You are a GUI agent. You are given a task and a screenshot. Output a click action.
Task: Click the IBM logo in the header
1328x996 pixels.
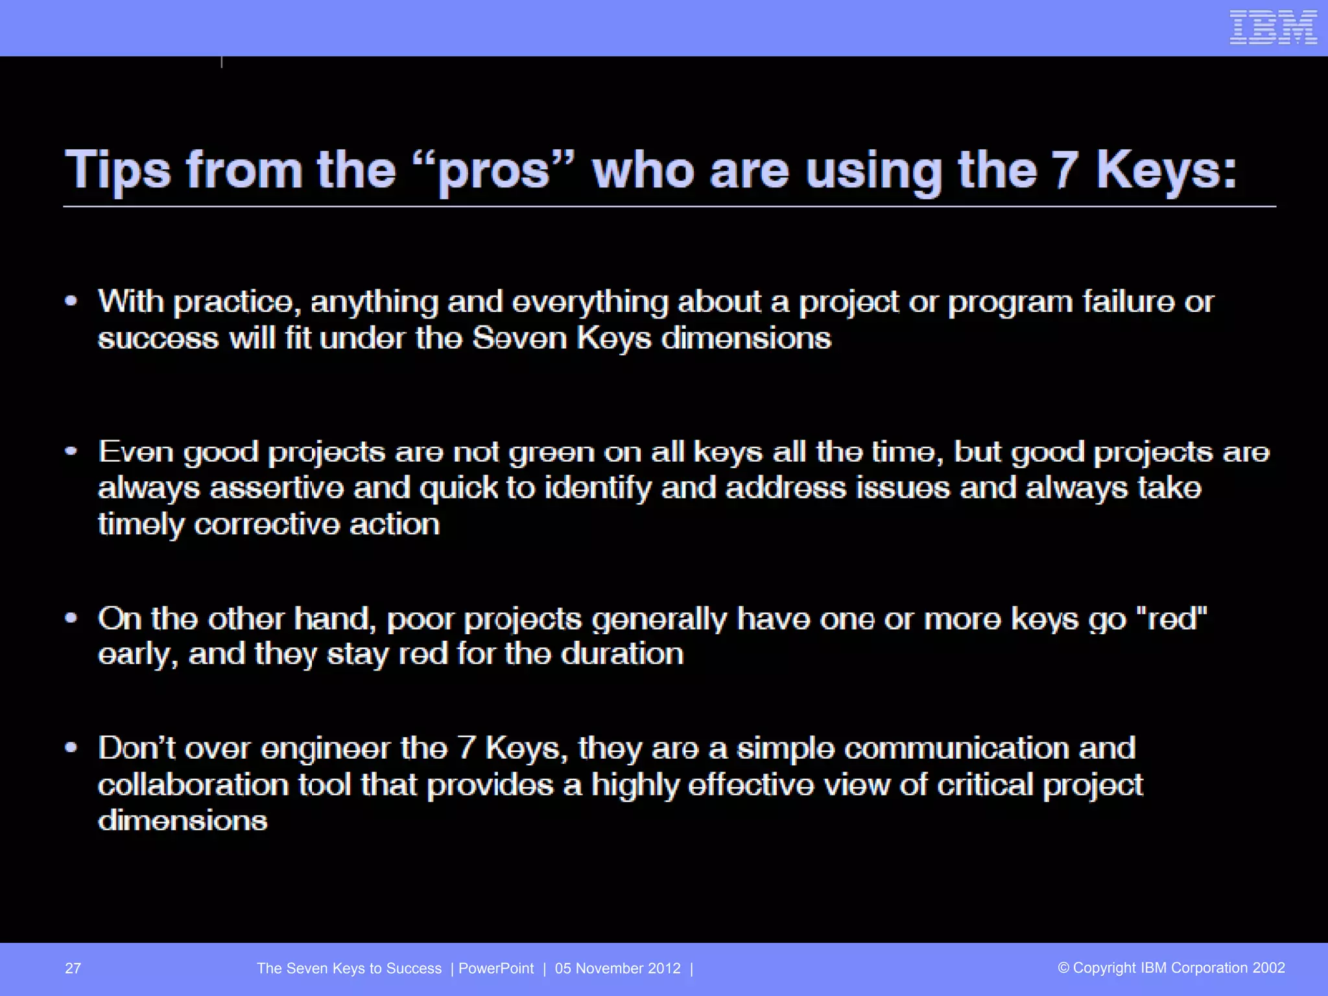click(1273, 28)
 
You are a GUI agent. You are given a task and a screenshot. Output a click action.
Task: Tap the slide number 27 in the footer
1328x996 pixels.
click(73, 968)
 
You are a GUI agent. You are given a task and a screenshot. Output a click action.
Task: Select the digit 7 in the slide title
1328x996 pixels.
click(1064, 170)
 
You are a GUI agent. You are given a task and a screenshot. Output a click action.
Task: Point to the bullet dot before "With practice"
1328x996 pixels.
click(71, 301)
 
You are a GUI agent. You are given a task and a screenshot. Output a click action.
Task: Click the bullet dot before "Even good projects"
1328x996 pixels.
click(71, 451)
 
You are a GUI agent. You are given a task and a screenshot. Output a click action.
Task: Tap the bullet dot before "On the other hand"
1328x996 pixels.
click(71, 618)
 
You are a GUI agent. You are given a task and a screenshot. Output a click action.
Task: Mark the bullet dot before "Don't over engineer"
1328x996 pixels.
click(71, 748)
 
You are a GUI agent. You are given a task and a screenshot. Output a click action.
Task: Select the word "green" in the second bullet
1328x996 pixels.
click(551, 452)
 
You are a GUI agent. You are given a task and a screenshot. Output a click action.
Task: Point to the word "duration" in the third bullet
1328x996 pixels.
click(622, 654)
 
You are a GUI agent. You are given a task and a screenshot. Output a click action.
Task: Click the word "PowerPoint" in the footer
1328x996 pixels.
click(496, 968)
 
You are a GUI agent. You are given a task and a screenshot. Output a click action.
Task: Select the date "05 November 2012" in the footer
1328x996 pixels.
click(618, 968)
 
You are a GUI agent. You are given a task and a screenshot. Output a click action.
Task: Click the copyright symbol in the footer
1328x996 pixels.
click(1063, 968)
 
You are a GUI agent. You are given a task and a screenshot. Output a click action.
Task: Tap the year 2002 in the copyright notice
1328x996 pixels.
click(1268, 968)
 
